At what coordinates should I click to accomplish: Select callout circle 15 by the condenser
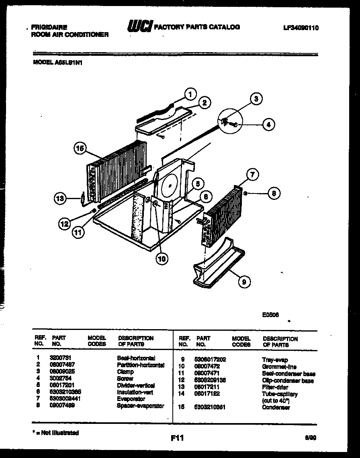[80, 149]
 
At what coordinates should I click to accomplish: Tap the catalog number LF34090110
[301, 28]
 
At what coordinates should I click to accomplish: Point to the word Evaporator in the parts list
[131, 399]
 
